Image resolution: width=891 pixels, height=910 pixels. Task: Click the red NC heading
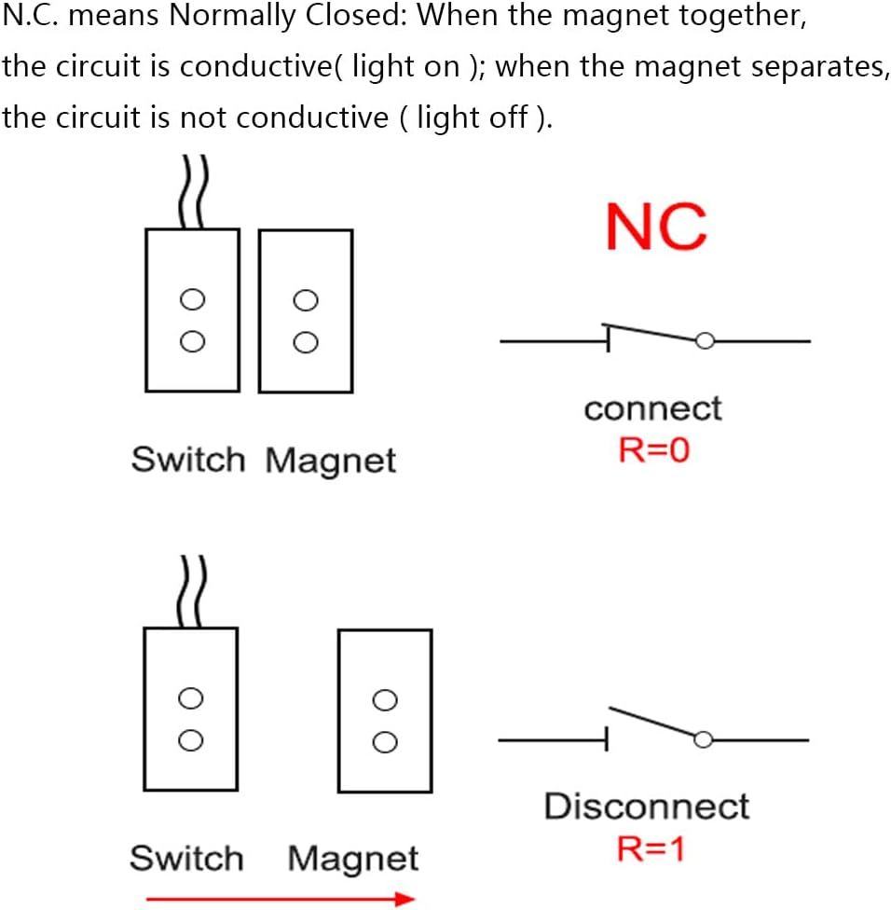pyautogui.click(x=655, y=227)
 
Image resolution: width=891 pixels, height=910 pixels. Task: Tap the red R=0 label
pyautogui.click(x=653, y=450)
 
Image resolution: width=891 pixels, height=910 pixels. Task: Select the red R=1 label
pyautogui.click(x=651, y=848)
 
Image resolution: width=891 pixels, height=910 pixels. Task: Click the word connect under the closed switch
pyautogui.click(x=652, y=408)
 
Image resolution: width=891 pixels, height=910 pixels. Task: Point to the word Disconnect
pyautogui.click(x=646, y=807)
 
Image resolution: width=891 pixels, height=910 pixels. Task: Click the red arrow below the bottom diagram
pyautogui.click(x=281, y=899)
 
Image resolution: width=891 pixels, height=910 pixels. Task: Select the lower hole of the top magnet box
pyautogui.click(x=305, y=342)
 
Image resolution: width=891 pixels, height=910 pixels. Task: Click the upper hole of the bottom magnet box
pyautogui.click(x=384, y=699)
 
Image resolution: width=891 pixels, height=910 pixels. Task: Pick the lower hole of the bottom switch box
pyautogui.click(x=190, y=740)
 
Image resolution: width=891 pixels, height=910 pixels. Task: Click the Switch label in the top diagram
pyautogui.click(x=187, y=460)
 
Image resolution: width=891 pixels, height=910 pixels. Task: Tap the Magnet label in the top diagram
pyautogui.click(x=331, y=461)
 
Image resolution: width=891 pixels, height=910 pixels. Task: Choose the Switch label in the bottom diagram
pyautogui.click(x=185, y=859)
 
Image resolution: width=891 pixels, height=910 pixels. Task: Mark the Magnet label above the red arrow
pyautogui.click(x=353, y=859)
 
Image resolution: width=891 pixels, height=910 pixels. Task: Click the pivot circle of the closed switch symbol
pyautogui.click(x=706, y=341)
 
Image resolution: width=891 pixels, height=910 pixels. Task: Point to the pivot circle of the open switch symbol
pyautogui.click(x=703, y=739)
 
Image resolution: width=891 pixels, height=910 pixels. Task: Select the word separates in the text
pyautogui.click(x=812, y=67)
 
